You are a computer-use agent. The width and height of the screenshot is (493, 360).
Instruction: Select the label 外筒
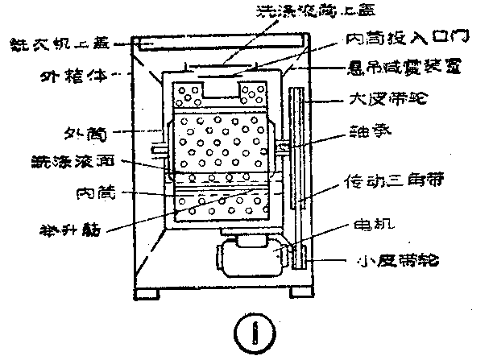[x=86, y=131]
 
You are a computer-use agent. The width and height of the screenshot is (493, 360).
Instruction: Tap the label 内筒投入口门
[x=396, y=39]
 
